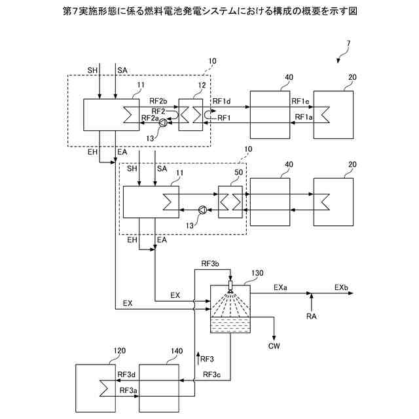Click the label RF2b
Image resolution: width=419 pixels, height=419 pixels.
(158, 101)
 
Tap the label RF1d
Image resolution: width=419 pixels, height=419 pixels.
(222, 101)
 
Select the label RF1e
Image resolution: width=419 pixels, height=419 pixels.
(301, 101)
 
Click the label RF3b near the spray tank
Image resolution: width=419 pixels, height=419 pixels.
(210, 264)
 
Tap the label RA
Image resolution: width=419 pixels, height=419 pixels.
(312, 317)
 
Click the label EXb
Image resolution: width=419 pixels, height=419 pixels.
(341, 287)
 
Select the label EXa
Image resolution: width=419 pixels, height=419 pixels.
(280, 287)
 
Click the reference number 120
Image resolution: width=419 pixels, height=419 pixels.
(118, 352)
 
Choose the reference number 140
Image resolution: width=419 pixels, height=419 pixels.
(176, 352)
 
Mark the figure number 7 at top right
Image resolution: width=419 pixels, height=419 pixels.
(348, 45)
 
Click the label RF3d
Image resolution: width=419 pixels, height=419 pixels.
(126, 374)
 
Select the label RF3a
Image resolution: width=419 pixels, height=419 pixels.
(128, 390)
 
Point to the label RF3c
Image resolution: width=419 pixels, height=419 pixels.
(211, 374)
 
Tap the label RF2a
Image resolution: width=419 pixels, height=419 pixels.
(151, 118)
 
